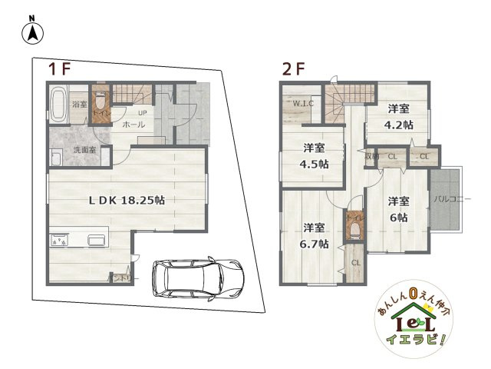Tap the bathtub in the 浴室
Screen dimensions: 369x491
59,105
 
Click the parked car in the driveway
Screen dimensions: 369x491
197,278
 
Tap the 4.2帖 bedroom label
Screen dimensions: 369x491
398,116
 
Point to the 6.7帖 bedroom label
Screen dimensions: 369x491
313,235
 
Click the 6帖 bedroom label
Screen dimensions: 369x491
397,209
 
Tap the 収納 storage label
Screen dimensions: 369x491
371,157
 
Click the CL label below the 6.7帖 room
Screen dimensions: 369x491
355,263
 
